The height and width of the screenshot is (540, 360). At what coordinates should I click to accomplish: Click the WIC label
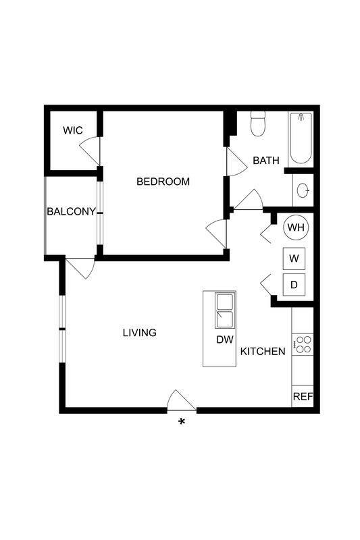(73, 130)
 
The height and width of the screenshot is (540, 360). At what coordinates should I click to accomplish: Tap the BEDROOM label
(163, 182)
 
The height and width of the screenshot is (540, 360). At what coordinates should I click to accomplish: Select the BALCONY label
(71, 211)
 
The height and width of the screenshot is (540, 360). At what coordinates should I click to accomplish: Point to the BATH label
(265, 161)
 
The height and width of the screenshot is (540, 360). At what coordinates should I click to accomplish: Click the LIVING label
(139, 333)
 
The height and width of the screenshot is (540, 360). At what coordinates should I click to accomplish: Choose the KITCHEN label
(263, 351)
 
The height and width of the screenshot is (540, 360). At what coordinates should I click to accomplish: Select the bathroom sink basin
(303, 190)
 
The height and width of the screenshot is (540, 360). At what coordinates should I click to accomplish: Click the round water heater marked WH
(296, 227)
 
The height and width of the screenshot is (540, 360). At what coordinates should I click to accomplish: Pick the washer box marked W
(294, 259)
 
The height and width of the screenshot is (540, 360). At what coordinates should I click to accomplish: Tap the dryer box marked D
(294, 285)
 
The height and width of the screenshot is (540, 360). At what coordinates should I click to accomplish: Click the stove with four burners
(302, 344)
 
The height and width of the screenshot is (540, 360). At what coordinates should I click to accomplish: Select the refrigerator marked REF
(303, 397)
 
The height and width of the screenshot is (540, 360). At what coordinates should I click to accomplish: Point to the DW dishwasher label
(224, 340)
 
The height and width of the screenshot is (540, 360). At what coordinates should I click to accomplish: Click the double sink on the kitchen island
(224, 309)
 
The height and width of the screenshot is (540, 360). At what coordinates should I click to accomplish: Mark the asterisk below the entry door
(181, 423)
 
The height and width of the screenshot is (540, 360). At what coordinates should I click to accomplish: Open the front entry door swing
(180, 401)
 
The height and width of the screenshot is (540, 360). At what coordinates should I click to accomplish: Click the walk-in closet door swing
(93, 150)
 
